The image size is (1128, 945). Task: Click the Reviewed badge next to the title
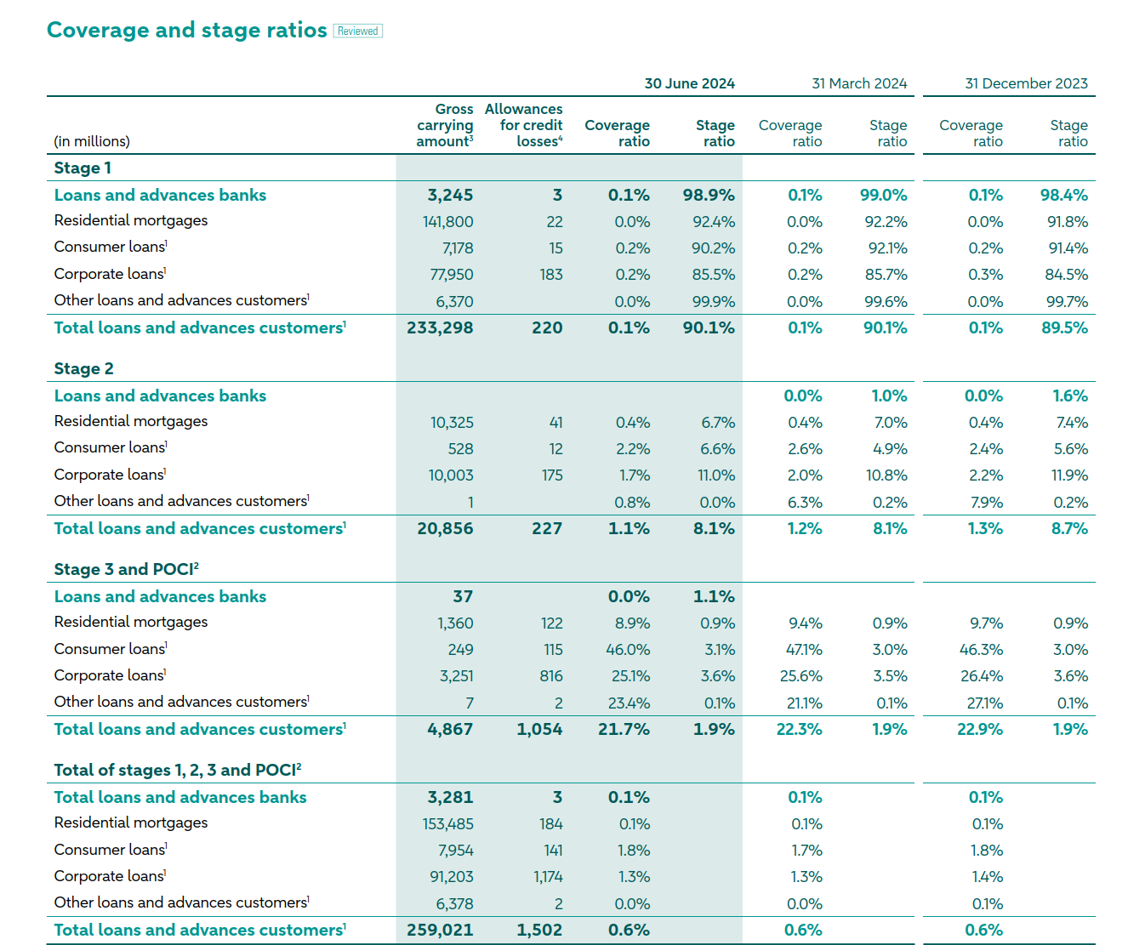[357, 31]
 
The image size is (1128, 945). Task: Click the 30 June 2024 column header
[689, 83]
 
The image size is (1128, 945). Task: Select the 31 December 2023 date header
[1026, 83]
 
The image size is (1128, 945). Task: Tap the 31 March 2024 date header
[859, 83]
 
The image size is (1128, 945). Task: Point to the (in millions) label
[92, 141]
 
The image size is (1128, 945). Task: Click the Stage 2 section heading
[83, 368]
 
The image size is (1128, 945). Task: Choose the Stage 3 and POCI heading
[127, 569]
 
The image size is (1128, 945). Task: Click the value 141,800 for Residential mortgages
[447, 221]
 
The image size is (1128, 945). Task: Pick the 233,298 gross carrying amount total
[440, 327]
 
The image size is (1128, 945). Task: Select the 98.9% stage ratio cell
[709, 195]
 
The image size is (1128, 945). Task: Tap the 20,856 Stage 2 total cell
[445, 528]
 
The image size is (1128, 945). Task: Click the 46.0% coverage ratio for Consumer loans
[628, 649]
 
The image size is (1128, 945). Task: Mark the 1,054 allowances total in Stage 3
[539, 729]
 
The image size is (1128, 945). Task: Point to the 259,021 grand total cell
[440, 930]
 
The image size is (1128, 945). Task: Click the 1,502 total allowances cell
[539, 930]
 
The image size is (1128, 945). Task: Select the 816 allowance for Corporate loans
[551, 675]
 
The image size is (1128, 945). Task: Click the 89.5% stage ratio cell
[1064, 327]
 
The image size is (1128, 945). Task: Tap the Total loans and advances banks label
[179, 797]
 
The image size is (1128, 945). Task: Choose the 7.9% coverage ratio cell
[987, 502]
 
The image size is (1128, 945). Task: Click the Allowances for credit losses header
[523, 125]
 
